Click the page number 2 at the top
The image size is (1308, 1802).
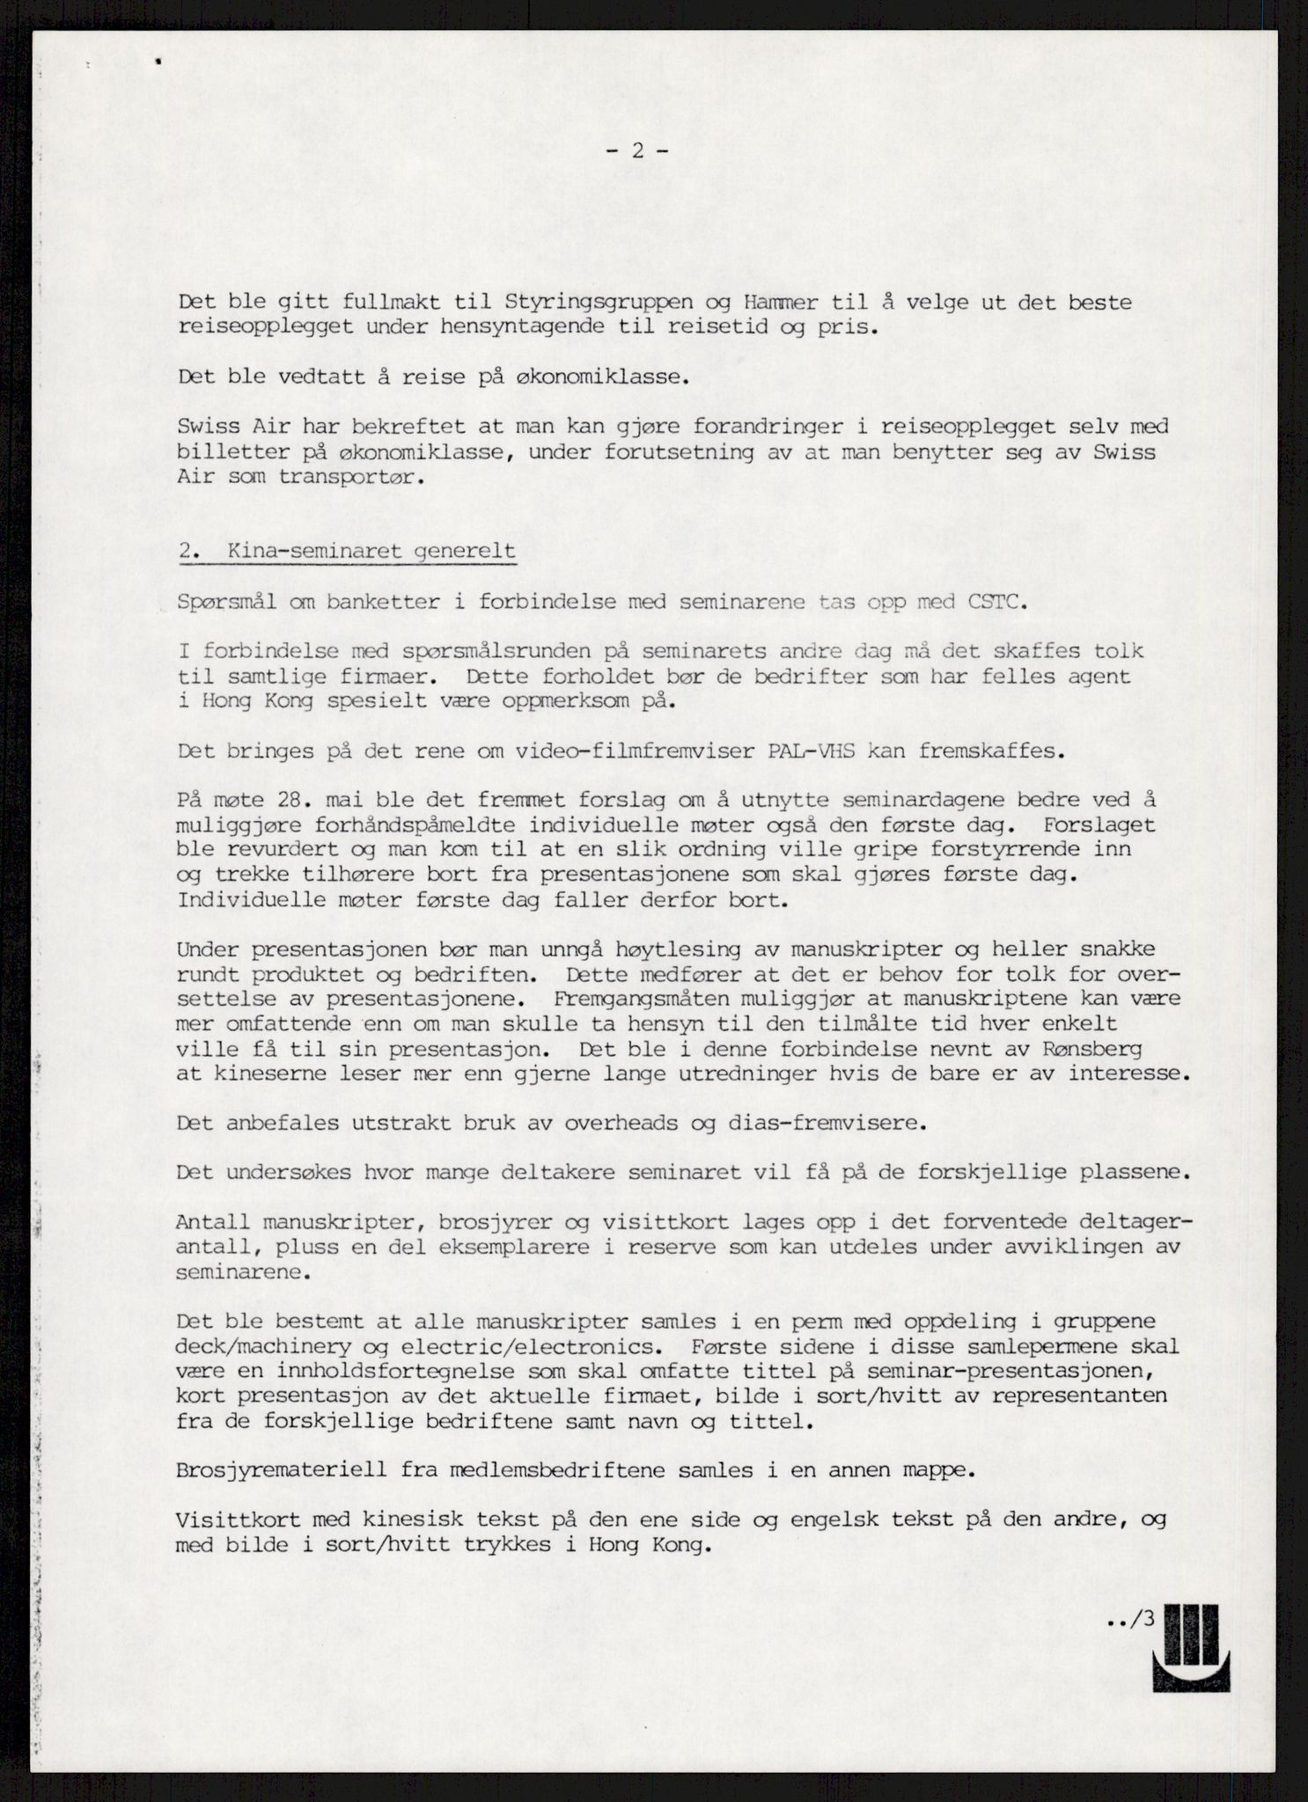click(x=636, y=150)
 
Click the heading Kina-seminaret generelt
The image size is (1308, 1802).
click(x=371, y=552)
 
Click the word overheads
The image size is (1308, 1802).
click(x=640, y=1124)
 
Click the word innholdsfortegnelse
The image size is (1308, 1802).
click(x=439, y=1371)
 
